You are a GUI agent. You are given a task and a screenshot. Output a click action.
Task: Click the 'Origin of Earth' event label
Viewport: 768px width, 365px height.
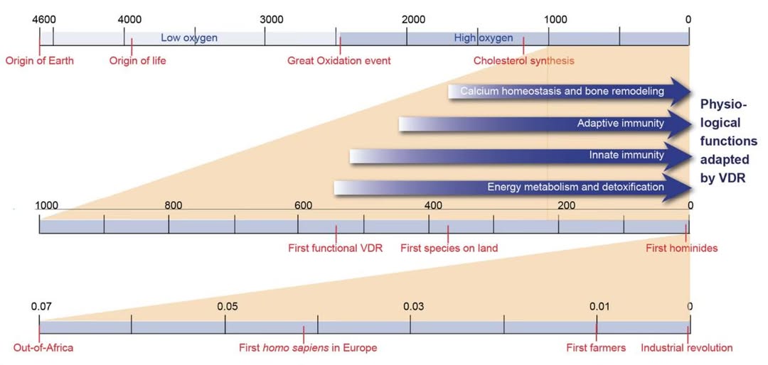40,61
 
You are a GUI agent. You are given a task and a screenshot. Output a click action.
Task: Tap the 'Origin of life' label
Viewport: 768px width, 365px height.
137,61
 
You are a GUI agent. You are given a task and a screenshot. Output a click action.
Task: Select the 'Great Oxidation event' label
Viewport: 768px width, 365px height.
338,61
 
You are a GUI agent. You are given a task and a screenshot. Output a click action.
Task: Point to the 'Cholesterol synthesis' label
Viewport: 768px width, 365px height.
523,61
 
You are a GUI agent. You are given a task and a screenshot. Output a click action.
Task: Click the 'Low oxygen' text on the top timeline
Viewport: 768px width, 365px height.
189,38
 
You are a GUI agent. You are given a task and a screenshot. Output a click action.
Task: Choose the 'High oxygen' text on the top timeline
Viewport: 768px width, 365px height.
483,38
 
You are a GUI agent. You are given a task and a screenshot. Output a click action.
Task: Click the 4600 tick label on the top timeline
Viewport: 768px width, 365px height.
44,19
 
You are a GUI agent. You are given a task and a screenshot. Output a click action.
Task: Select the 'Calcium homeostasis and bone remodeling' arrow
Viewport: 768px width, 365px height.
562,92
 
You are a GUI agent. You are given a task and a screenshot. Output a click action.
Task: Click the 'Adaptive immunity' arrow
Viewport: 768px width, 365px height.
540,124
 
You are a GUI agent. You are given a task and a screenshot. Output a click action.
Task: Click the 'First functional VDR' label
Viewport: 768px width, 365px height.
335,249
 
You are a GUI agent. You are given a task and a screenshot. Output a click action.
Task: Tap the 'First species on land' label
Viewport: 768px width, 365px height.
449,249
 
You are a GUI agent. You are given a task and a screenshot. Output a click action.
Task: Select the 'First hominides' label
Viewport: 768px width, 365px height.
681,249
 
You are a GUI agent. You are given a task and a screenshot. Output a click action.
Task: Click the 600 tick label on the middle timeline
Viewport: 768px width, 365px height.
303,206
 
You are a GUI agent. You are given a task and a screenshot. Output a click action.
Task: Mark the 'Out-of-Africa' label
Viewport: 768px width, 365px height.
43,348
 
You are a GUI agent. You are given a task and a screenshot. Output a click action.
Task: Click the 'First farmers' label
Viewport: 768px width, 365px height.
596,348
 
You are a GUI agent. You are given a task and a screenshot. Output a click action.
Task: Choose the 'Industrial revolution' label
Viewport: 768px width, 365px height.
686,348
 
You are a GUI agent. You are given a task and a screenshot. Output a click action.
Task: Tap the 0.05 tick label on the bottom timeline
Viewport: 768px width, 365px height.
228,306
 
